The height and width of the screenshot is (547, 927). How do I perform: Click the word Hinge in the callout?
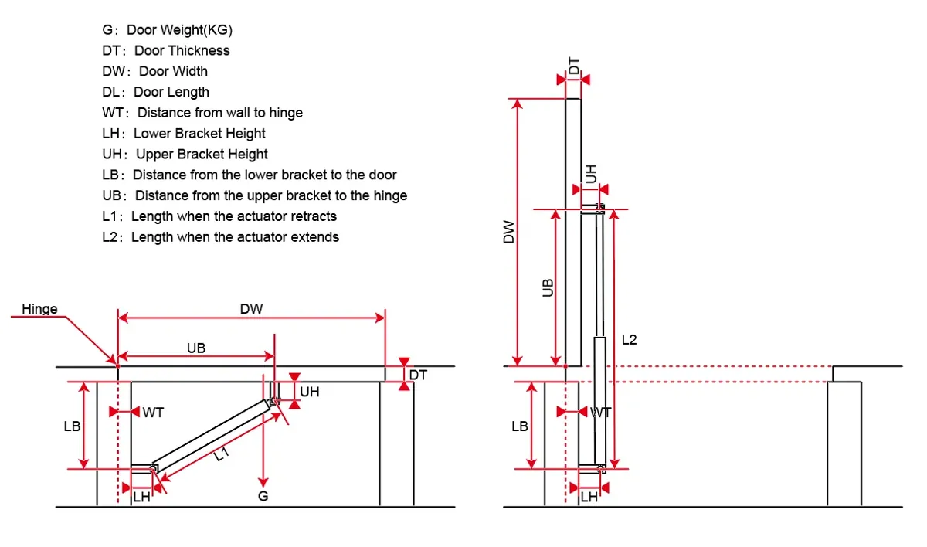(x=39, y=309)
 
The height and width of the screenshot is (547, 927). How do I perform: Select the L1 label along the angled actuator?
(x=222, y=454)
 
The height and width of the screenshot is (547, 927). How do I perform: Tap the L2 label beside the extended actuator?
(x=629, y=340)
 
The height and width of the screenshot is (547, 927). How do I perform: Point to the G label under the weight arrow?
(x=263, y=496)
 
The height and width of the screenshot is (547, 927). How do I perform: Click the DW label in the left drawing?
(x=251, y=309)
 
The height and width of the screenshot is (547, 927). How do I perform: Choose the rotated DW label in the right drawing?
(x=508, y=232)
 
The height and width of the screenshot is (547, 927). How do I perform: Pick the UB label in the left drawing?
(x=195, y=348)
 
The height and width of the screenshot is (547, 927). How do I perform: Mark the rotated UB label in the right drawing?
(x=548, y=287)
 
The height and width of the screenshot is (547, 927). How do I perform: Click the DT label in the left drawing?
(x=418, y=375)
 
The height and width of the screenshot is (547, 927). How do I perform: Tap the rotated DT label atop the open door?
(x=574, y=66)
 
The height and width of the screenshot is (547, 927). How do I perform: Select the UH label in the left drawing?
(x=310, y=392)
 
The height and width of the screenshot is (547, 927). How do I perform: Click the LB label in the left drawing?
(x=72, y=426)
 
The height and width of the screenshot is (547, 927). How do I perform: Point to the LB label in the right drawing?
(x=519, y=426)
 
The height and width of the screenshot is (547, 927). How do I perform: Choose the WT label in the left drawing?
(x=153, y=412)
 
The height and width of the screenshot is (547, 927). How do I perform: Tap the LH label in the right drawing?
(x=589, y=497)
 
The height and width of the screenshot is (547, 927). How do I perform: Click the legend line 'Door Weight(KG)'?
(x=179, y=30)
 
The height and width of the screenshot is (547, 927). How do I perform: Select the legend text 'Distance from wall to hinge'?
(x=219, y=113)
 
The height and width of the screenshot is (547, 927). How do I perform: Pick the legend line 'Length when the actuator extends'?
(x=235, y=237)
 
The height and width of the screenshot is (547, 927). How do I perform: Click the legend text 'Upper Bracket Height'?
(x=202, y=155)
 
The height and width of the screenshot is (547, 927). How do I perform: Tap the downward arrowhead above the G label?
(x=263, y=482)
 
